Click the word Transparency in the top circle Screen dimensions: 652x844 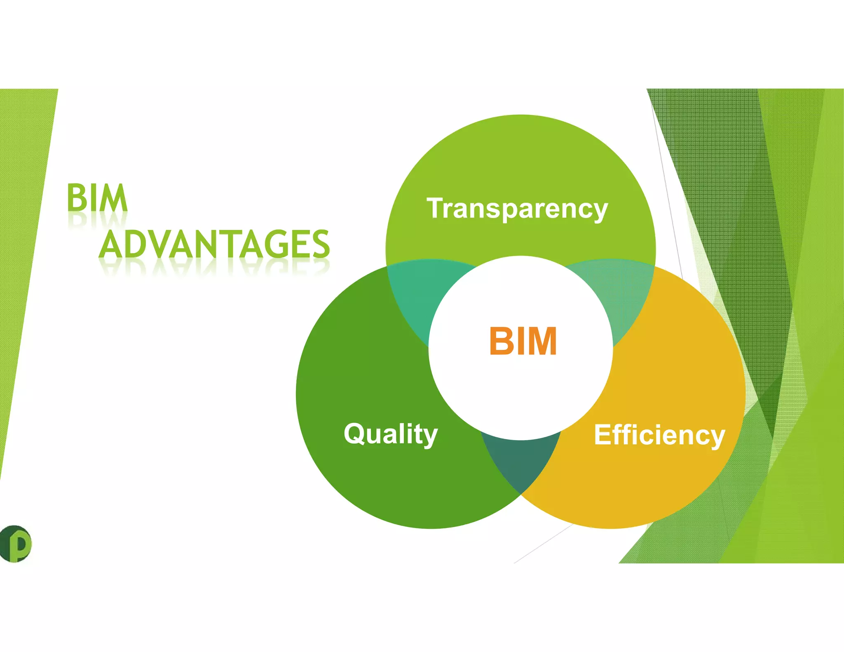(x=517, y=209)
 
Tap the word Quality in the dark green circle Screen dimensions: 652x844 (x=391, y=434)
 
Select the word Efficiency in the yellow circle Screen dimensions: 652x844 (x=659, y=435)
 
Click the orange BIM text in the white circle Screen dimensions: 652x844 (x=523, y=341)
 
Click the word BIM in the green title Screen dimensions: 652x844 (x=97, y=198)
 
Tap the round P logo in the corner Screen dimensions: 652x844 (x=16, y=544)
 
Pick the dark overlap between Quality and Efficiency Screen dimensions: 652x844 (x=521, y=462)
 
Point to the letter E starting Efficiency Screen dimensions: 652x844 (x=603, y=435)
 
